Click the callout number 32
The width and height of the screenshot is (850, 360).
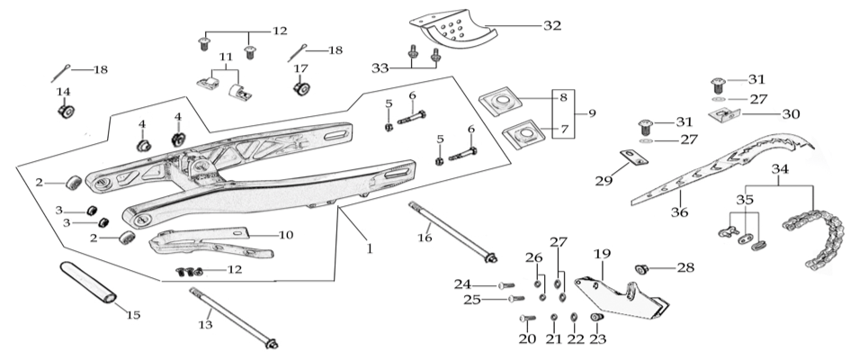(x=551, y=26)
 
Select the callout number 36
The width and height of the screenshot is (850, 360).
(x=679, y=213)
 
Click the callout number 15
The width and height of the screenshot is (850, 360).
(x=133, y=314)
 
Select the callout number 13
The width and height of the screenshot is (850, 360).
(x=206, y=325)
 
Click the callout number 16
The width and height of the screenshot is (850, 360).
(x=425, y=238)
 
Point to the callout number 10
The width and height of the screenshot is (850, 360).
(x=285, y=235)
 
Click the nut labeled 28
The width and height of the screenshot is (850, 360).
(x=642, y=268)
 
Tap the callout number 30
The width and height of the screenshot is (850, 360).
(x=791, y=114)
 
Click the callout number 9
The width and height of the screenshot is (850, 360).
(x=592, y=114)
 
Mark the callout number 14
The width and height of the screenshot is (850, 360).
(x=63, y=92)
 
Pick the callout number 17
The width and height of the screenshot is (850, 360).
(x=300, y=68)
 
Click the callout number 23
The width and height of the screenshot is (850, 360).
(x=597, y=339)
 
